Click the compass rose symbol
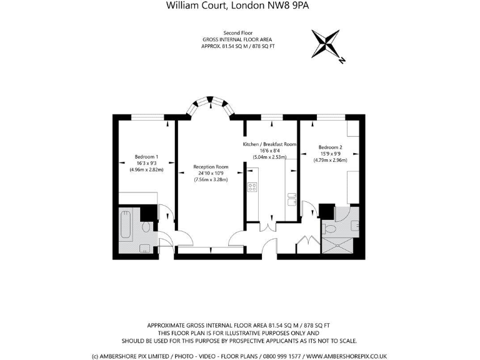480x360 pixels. click(326, 44)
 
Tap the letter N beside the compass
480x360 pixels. click(342, 61)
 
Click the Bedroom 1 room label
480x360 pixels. click(146, 157)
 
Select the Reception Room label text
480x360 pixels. click(211, 167)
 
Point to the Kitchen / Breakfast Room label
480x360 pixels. click(269, 144)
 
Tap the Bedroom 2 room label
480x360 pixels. click(330, 147)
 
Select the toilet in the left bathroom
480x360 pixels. click(146, 229)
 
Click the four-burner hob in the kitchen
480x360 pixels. click(253, 187)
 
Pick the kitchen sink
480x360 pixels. click(291, 199)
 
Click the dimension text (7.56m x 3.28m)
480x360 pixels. click(211, 179)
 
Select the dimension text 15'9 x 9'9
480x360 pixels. click(330, 154)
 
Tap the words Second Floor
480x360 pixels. click(237, 32)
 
